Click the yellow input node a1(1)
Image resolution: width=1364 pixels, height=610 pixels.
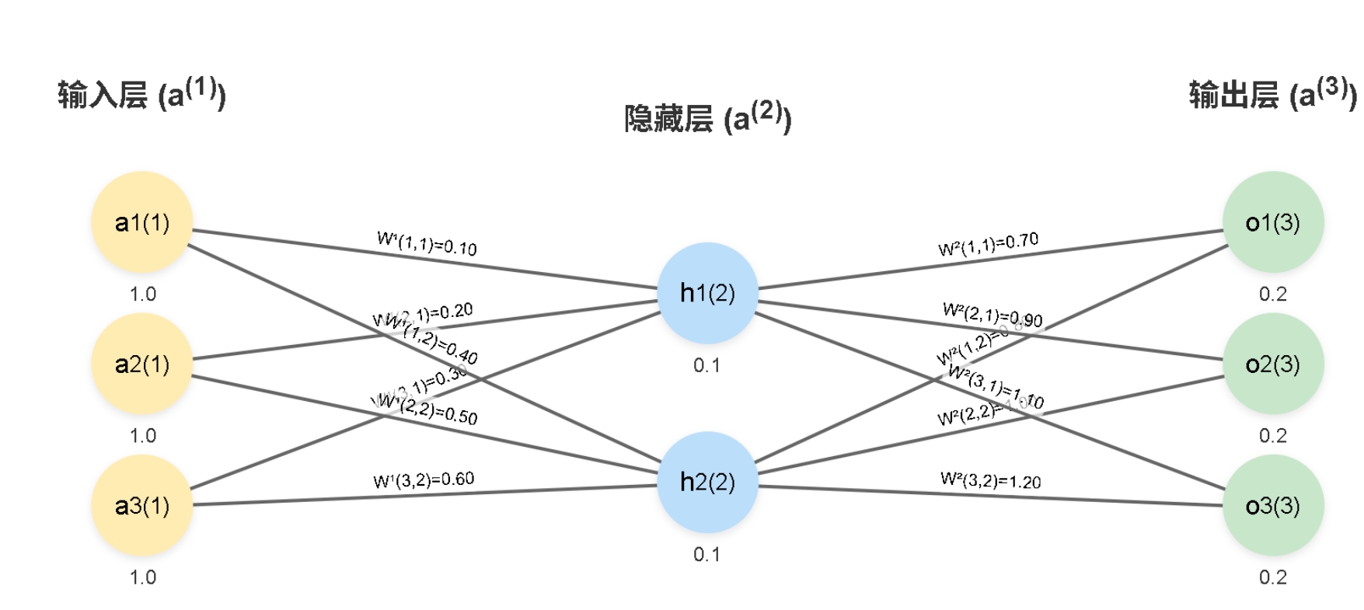click(x=142, y=222)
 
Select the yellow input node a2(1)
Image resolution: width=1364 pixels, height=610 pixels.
click(x=142, y=364)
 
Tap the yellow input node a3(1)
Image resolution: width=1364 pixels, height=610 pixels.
click(x=142, y=505)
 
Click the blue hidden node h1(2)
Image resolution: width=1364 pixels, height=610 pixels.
click(x=707, y=293)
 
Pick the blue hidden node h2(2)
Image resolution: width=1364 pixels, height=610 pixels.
click(x=707, y=482)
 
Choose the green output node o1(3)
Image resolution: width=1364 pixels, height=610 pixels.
click(x=1272, y=222)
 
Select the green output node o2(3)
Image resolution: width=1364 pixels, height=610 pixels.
click(x=1272, y=364)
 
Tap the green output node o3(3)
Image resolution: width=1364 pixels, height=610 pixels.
click(x=1272, y=505)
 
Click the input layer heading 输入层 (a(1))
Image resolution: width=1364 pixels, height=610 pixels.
click(x=142, y=94)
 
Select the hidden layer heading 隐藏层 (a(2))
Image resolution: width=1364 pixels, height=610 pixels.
click(x=707, y=117)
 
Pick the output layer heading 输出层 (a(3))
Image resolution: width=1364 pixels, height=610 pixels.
click(x=1272, y=94)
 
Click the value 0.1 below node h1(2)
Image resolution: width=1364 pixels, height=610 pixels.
click(x=706, y=365)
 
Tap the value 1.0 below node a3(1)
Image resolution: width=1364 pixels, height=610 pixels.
click(x=142, y=577)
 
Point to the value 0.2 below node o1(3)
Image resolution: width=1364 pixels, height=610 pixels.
click(x=1272, y=295)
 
